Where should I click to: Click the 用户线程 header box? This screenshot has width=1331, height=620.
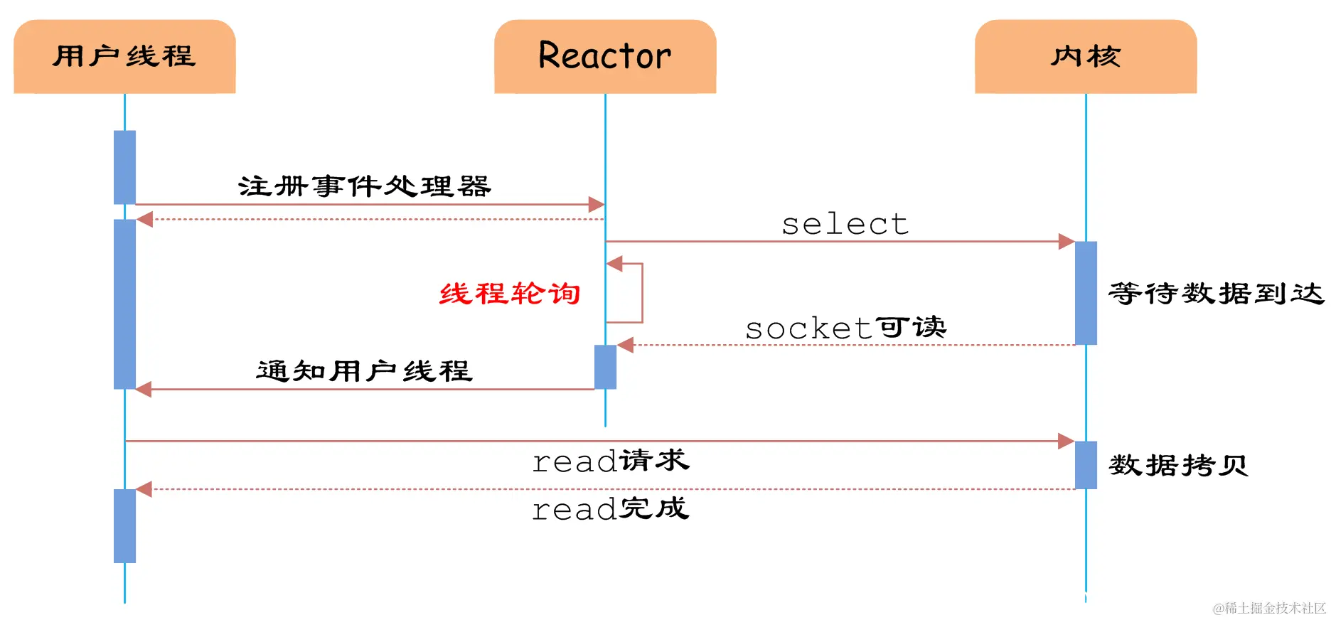(124, 56)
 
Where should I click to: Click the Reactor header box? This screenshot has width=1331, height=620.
(605, 56)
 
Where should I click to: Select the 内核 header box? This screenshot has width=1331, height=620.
(1086, 56)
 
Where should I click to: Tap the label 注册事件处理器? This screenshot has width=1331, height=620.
(365, 186)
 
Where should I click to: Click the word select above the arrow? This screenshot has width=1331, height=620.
(845, 225)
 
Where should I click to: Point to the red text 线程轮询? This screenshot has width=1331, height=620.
(510, 293)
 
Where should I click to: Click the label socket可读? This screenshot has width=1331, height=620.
(845, 328)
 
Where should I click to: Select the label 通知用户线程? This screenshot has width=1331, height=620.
(364, 370)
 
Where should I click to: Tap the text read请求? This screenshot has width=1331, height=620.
(611, 461)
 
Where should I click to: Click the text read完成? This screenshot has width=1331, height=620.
(611, 508)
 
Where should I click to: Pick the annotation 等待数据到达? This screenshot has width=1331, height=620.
(1216, 293)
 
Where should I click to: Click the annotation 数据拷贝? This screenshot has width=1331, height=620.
(1178, 466)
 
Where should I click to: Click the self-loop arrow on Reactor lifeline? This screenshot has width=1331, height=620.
(641, 293)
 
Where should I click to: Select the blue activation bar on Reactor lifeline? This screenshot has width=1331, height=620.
(605, 367)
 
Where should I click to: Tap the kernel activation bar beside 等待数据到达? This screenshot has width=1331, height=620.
(1086, 293)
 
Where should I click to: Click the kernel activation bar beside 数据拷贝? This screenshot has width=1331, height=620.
(1086, 465)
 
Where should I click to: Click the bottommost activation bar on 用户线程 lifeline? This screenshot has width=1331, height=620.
(124, 525)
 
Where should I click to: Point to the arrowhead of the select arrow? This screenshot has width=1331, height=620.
(1067, 242)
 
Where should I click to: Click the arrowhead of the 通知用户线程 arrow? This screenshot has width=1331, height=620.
(144, 389)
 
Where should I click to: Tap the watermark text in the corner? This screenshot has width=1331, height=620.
(1269, 608)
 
